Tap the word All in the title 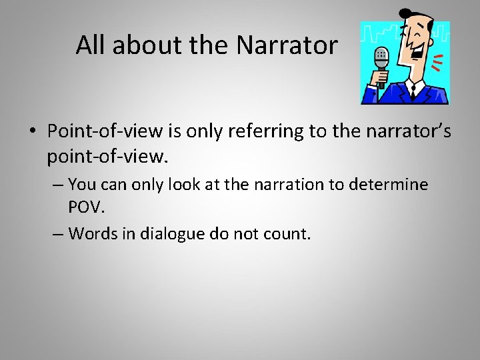coord(90,45)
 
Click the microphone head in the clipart coord(381,57)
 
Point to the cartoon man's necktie coord(412,90)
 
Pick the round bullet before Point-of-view coord(33,132)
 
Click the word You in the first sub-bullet coord(82,183)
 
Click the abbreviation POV coord(87,207)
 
